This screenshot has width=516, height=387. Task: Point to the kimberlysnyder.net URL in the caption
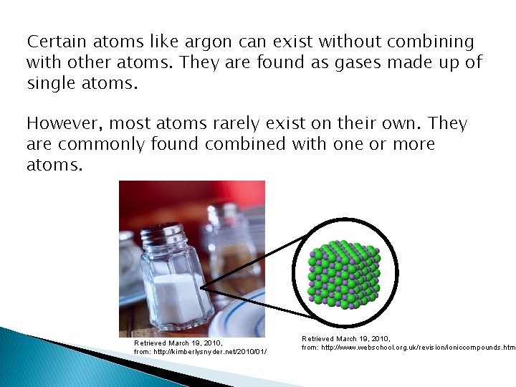pos(196,352)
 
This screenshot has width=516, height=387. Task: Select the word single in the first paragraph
pos(51,83)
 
